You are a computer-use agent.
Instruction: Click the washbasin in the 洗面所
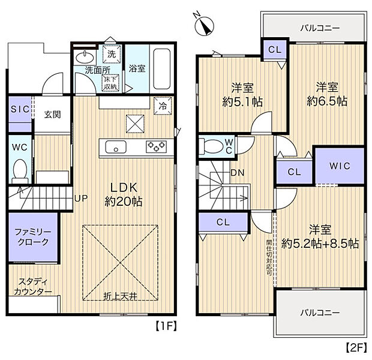(x=84, y=58)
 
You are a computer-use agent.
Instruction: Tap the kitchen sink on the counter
(x=115, y=146)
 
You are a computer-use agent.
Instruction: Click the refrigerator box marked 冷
(x=163, y=104)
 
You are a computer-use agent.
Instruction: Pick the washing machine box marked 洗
(x=112, y=54)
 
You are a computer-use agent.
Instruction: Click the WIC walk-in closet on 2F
(x=338, y=166)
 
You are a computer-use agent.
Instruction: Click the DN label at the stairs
(x=237, y=173)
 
